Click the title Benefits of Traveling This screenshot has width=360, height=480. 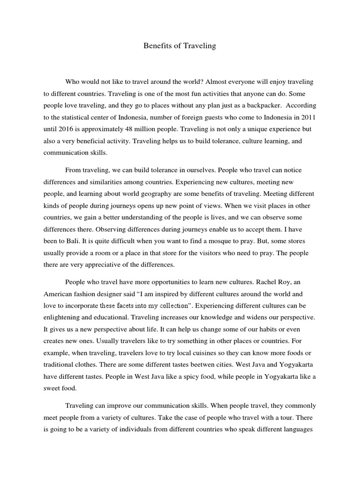[x=180, y=46]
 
